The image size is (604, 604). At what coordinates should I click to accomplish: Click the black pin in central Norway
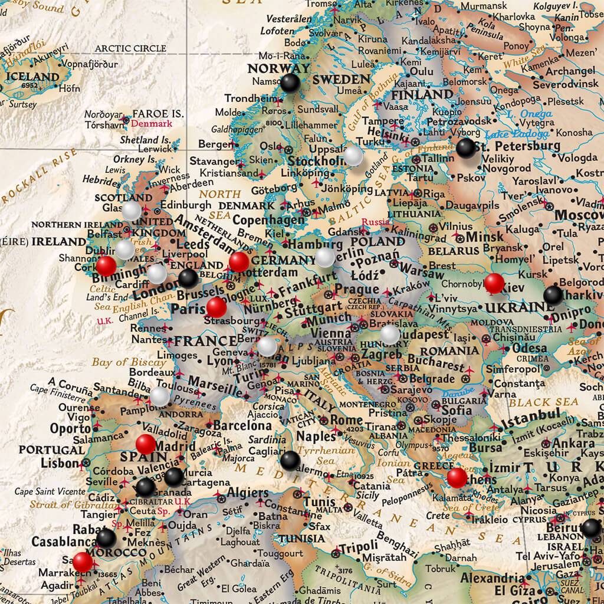290,83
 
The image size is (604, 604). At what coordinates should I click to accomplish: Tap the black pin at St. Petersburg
465,147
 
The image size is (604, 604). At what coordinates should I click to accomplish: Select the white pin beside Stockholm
353,155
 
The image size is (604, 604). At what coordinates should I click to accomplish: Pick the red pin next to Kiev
494,283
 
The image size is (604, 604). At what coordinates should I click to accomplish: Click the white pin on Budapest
389,334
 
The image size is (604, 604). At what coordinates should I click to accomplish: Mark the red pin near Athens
457,477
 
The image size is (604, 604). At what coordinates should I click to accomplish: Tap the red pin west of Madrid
145,444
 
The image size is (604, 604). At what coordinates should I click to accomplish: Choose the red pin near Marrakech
83,562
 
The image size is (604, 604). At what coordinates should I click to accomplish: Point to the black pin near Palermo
290,459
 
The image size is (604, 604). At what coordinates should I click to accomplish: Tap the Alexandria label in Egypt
491,577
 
